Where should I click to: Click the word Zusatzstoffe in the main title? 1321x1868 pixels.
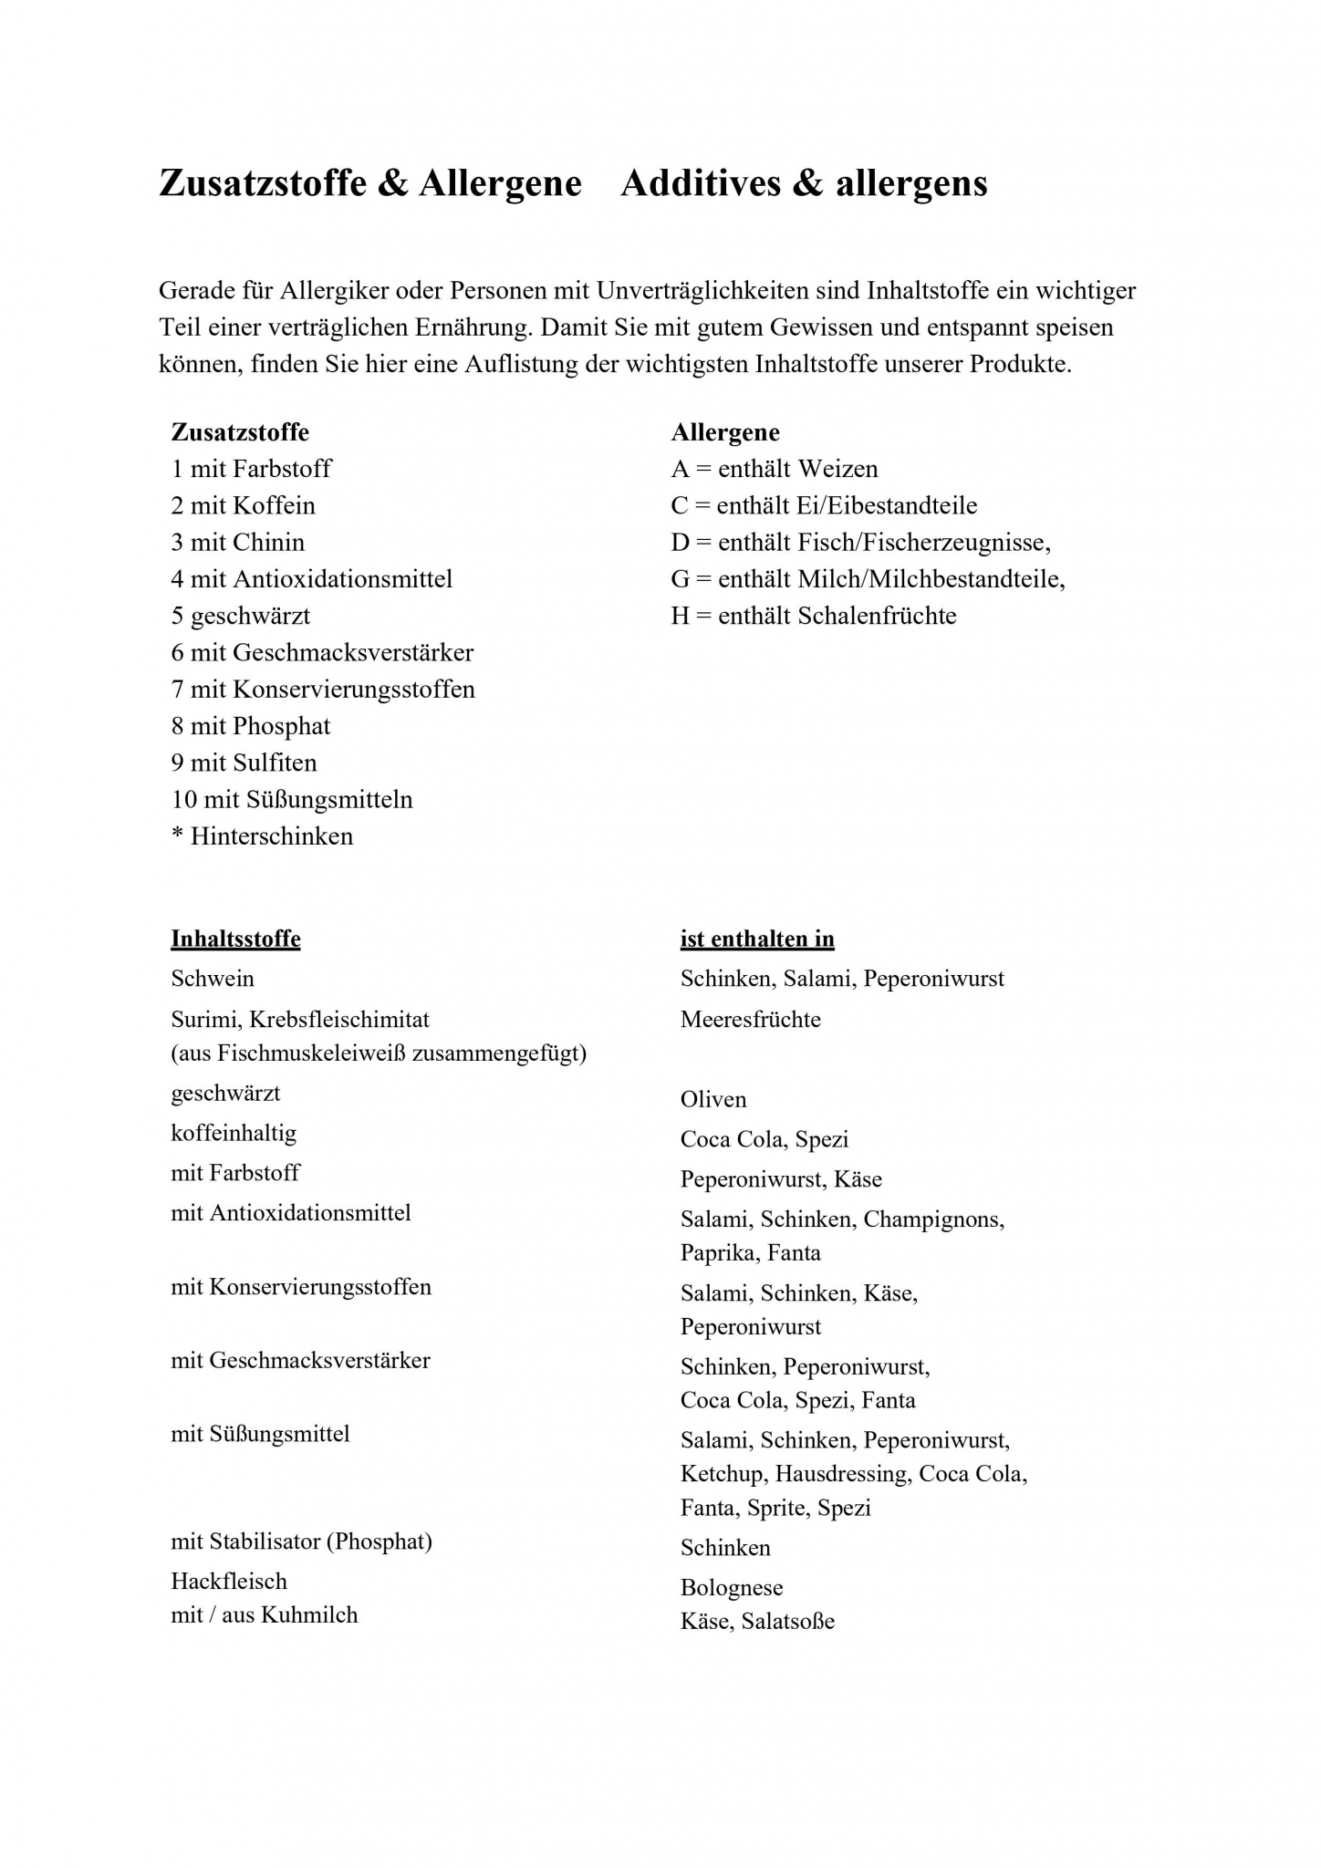263,183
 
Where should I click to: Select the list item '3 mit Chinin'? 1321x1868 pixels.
238,542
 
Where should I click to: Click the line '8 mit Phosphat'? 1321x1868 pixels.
251,726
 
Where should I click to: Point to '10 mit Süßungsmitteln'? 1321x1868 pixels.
292,799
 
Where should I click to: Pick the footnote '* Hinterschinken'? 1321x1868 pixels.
262,836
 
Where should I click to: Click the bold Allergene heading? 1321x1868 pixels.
725,432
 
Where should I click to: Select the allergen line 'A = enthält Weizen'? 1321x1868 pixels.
775,469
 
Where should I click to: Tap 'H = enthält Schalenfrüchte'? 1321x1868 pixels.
814,616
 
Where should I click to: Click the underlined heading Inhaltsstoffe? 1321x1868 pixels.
235,939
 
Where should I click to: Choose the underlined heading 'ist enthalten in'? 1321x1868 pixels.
757,939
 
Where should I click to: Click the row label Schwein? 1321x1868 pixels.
213,979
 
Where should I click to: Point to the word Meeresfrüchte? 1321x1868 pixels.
751,1019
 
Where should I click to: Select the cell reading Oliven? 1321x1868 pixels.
713,1099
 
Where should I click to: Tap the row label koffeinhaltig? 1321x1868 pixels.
234,1133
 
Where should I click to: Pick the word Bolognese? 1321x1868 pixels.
732,1588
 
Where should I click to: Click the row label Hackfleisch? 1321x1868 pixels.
229,1581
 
